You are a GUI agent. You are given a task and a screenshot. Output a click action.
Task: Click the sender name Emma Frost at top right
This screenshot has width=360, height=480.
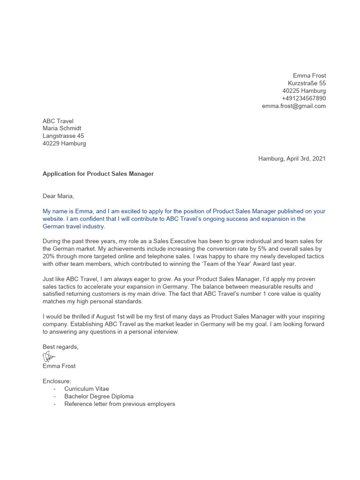(x=309, y=75)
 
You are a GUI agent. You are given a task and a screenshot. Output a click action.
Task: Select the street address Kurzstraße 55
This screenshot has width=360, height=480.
(x=307, y=83)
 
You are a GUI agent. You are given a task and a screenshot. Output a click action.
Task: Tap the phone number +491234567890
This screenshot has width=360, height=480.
(x=303, y=98)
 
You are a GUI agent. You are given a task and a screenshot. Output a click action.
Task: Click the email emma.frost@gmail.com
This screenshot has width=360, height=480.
(x=293, y=106)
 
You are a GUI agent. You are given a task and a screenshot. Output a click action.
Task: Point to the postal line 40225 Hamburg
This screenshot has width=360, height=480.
(x=304, y=90)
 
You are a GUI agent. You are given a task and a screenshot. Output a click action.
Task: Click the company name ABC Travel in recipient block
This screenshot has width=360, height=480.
(x=58, y=121)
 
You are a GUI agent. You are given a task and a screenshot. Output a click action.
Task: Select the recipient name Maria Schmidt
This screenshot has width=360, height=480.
(x=65, y=128)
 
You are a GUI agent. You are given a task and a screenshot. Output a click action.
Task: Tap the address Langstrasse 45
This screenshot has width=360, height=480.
(x=63, y=136)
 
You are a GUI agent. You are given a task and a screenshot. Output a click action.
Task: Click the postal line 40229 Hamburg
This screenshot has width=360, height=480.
(x=64, y=143)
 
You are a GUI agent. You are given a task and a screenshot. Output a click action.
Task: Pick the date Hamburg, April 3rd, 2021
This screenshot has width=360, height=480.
(x=292, y=158)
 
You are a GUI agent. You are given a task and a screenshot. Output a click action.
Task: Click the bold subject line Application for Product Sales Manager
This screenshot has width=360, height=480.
(x=98, y=173)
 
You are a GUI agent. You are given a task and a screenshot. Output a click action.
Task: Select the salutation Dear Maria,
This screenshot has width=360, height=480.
(x=58, y=196)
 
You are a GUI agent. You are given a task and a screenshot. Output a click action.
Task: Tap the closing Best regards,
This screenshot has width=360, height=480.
(x=60, y=347)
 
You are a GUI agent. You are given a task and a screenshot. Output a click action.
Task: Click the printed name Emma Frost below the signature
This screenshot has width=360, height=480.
(x=59, y=366)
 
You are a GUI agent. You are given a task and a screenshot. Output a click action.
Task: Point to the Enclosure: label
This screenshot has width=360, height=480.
(x=57, y=381)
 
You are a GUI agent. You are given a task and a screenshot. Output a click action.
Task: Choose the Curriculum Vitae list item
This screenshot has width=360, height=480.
(x=86, y=389)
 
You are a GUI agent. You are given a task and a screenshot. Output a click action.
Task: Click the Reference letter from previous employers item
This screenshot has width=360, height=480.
(x=120, y=404)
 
